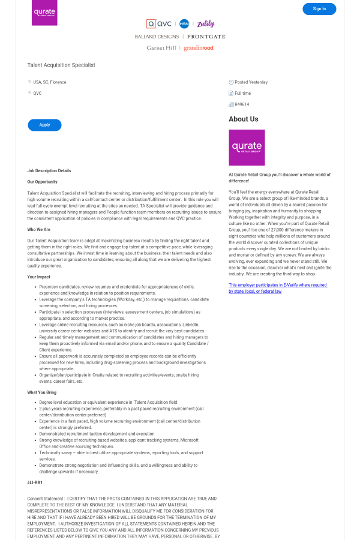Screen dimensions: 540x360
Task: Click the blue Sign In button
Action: click(x=319, y=9)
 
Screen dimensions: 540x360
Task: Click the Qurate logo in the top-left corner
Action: click(x=44, y=13)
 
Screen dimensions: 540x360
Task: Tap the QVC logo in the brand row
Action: click(x=159, y=24)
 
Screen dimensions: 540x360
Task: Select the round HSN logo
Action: click(x=184, y=24)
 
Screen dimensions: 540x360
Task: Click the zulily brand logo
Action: click(x=205, y=24)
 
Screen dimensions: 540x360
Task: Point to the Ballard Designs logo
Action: click(x=157, y=37)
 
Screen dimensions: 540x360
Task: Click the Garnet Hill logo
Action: click(x=161, y=48)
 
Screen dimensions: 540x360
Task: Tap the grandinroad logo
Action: click(x=199, y=48)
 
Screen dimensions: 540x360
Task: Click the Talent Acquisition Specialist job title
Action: click(x=61, y=65)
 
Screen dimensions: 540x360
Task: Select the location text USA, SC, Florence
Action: click(x=50, y=82)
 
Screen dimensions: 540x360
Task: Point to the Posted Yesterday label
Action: click(x=251, y=82)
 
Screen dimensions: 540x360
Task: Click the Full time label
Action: click(x=242, y=94)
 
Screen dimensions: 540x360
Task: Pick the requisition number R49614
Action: click(x=242, y=104)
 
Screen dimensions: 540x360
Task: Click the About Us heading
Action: click(x=244, y=119)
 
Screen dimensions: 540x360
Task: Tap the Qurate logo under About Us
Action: click(x=247, y=148)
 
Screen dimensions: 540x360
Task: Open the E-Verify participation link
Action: click(x=277, y=288)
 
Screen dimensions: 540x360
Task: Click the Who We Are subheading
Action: click(x=39, y=229)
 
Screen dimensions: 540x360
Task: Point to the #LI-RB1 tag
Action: click(x=35, y=482)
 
